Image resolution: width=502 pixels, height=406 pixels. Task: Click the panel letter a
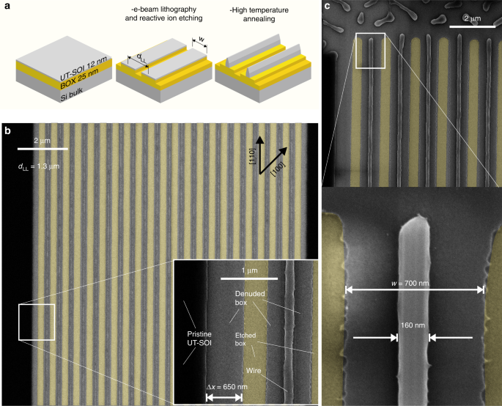pos(7,5)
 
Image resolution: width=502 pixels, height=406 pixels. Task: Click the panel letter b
pos(7,130)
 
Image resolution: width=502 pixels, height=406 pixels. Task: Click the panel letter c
pos(327,6)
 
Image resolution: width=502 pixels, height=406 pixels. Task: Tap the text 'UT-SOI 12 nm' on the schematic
pos(84,68)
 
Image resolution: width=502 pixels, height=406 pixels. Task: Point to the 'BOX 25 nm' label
pos(79,79)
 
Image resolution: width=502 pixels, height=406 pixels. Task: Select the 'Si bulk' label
pos(71,95)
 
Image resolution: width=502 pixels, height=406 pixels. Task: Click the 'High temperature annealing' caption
pos(259,15)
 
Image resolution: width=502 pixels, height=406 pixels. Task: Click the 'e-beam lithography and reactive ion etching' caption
pos(163,14)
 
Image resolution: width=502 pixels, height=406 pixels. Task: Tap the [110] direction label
pos(251,156)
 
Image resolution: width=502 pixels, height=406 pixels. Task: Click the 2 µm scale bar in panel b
pos(43,149)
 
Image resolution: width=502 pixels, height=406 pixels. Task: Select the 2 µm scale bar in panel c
pos(472,26)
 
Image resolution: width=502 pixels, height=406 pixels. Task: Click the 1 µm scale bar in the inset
pos(249,278)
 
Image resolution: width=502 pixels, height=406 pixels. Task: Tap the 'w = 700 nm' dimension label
pos(410,283)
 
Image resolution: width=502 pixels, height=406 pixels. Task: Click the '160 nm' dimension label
pos(413,325)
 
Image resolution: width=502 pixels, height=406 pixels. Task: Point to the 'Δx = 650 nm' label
pos(227,387)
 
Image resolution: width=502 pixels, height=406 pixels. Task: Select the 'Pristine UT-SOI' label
pos(199,339)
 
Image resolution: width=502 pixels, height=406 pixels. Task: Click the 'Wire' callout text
pos(254,371)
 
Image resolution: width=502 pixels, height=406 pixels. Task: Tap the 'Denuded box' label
pos(250,298)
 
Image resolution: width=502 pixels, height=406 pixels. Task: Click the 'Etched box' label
pos(246,339)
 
